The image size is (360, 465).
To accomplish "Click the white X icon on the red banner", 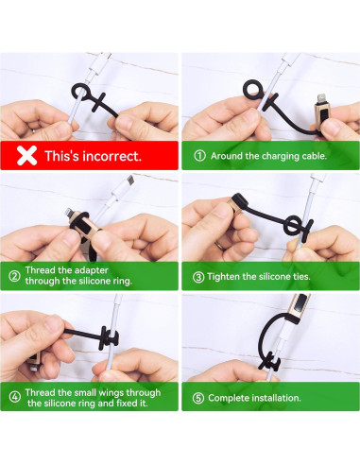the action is (x=26, y=156).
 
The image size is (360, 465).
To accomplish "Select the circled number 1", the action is (x=199, y=156).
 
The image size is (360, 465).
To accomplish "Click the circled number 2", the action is (x=14, y=276).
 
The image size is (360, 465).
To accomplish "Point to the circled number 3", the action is (x=198, y=277).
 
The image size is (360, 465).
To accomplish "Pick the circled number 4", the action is (x=15, y=397).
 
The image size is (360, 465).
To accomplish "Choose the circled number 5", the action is (x=198, y=398).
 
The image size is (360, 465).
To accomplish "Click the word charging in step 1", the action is (x=281, y=156).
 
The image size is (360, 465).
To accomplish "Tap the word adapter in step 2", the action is (x=91, y=270).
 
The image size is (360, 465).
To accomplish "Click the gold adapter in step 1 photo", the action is (x=321, y=112).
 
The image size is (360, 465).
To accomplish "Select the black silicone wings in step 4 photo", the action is (x=109, y=338).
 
